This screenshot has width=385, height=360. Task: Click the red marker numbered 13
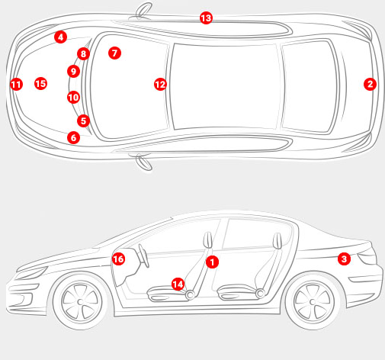(x=206, y=18)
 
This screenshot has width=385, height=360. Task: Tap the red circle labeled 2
(x=370, y=84)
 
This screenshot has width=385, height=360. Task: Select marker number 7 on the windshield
(x=114, y=53)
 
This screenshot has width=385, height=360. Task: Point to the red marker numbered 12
(x=160, y=85)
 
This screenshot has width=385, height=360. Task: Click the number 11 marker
(x=17, y=85)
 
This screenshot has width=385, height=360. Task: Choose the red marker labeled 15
(x=40, y=84)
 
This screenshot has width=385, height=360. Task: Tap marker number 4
(x=60, y=37)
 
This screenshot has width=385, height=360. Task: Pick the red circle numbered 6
(x=74, y=137)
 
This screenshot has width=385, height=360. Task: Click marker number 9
(x=74, y=72)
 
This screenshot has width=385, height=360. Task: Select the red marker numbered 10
(x=74, y=98)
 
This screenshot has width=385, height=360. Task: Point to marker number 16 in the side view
(x=118, y=259)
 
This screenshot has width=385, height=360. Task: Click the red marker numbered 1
(x=212, y=262)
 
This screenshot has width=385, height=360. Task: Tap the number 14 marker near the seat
(x=178, y=284)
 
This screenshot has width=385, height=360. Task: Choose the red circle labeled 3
(x=344, y=259)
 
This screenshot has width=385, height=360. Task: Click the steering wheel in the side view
(x=143, y=256)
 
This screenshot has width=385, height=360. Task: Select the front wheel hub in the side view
(x=80, y=302)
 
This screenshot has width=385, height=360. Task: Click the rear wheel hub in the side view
(x=313, y=302)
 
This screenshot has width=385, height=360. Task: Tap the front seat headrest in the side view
(x=208, y=240)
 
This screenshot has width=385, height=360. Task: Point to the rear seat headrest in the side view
(x=278, y=241)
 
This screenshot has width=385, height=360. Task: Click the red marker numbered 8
(x=83, y=54)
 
